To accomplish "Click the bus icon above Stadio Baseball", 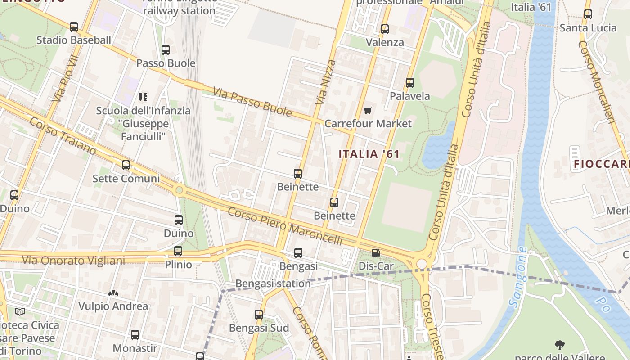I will coord(74,27).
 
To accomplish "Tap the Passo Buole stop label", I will coord(166,63).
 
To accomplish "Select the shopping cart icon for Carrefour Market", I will coord(368,110).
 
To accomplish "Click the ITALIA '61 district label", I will coord(369,154).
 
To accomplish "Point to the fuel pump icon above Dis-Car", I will coord(376,253).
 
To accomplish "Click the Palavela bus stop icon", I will coord(409,83).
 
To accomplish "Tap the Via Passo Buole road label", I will coord(252,102).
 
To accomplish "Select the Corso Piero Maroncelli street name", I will coord(285,226).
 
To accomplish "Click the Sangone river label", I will coord(517,278).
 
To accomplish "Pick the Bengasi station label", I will coord(273,283).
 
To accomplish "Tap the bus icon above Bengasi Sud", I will coord(259,315).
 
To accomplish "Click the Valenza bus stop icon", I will coord(385,29).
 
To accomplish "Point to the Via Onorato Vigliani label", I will coord(73,260).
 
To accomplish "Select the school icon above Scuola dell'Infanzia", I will coord(143,97).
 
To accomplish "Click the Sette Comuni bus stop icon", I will coord(126,165).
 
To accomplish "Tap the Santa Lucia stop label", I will coord(588,28).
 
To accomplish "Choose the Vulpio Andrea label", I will coord(113,306).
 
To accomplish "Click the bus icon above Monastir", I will coord(135,335).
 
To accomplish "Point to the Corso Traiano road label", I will coord(63,136).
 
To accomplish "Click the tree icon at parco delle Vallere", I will coord(560,346).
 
